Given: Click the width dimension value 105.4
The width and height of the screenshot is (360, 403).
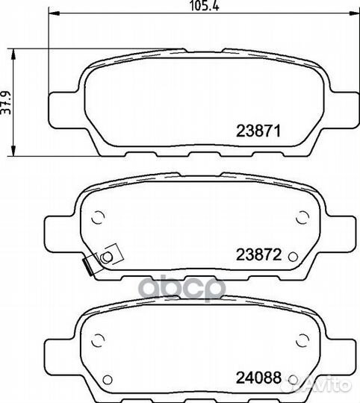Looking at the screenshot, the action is tap(205, 6).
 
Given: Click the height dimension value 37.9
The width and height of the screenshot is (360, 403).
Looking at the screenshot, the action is tap(6, 102).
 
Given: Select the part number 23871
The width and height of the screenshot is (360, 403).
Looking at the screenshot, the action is tap(258, 131).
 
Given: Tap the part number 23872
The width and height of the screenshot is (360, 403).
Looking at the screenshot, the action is tap(258, 254).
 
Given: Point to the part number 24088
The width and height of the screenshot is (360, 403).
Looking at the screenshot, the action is tap(258, 378).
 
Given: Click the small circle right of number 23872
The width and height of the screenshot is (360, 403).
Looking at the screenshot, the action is tap(293, 257).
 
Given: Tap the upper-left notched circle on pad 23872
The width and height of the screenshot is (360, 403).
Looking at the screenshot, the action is tap(98, 217).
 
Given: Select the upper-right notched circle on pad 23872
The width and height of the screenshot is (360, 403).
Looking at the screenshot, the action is tap(302, 217).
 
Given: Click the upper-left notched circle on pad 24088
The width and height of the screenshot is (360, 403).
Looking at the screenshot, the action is tap(98, 340).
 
